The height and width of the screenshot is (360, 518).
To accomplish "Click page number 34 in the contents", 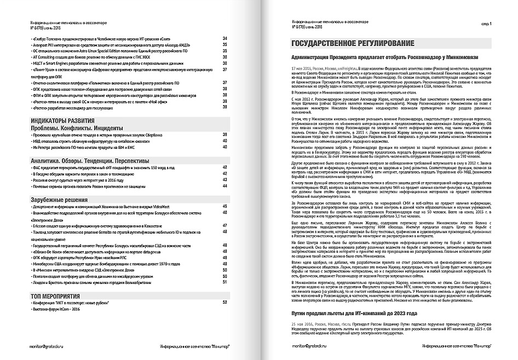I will click(x=225, y=38).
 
